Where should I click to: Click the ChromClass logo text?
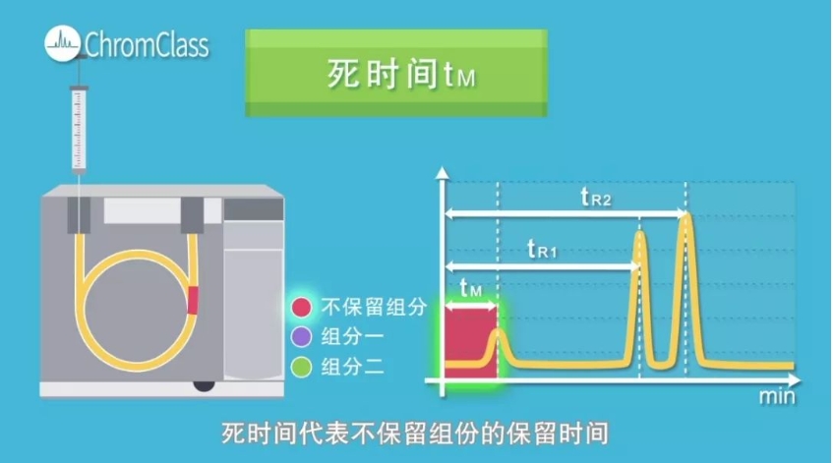coord(146,44)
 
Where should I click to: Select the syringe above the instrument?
coord(80,128)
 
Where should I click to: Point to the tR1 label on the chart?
coord(543,251)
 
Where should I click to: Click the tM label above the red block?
coord(471,288)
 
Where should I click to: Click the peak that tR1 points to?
coord(641,295)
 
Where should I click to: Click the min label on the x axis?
coord(776,398)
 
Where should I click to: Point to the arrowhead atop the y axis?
coord(444,176)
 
